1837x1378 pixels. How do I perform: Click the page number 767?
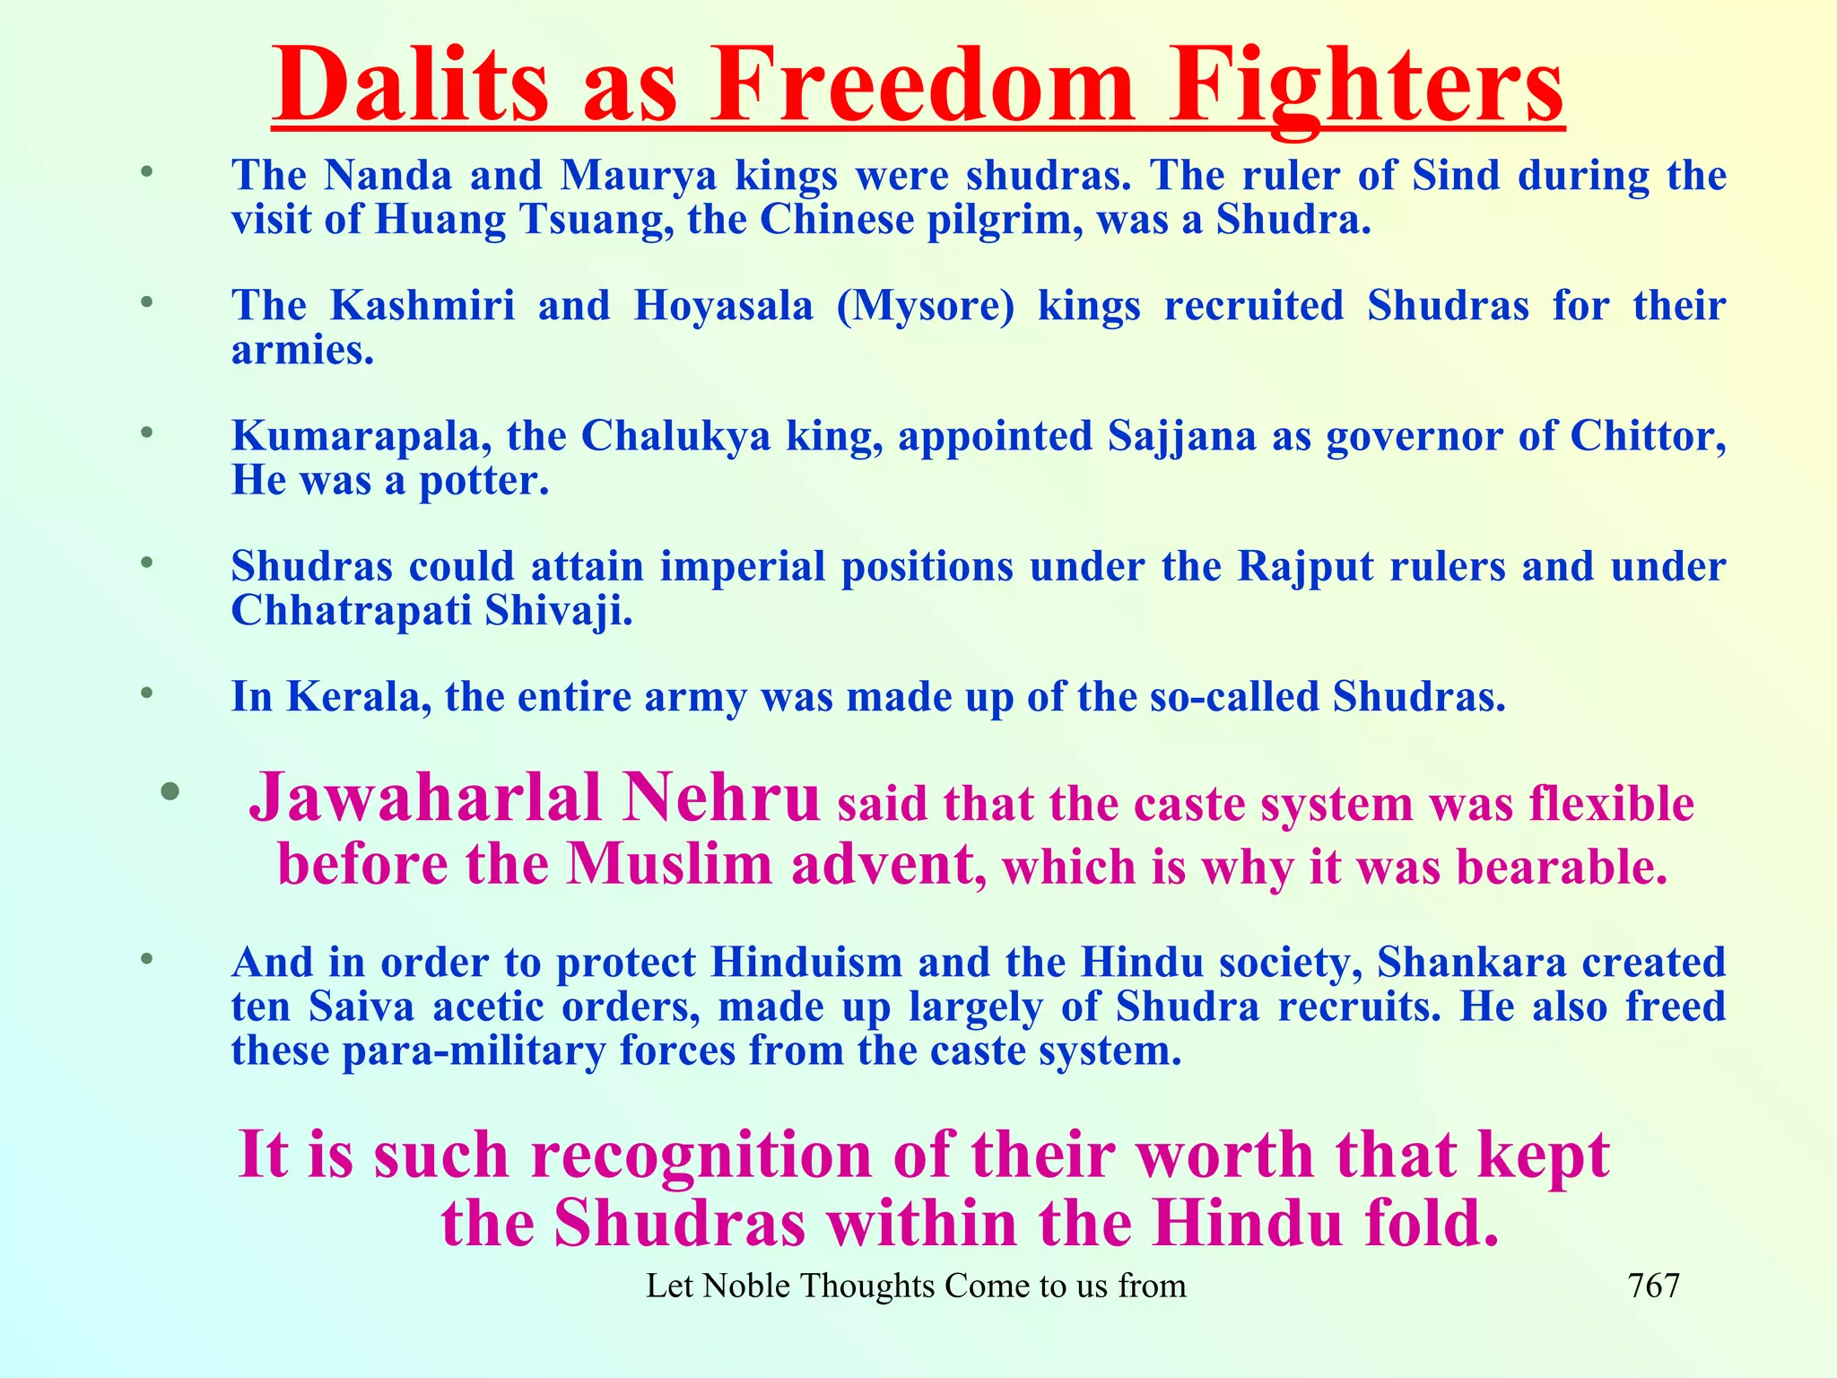[x=1653, y=1286]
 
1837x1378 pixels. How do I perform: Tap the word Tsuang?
[x=596, y=220]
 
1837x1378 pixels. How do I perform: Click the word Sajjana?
[x=1182, y=437]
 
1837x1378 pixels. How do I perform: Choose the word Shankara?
[x=1471, y=964]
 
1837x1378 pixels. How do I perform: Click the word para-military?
[x=474, y=1051]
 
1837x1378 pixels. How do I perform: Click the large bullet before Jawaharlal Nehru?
[x=170, y=791]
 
